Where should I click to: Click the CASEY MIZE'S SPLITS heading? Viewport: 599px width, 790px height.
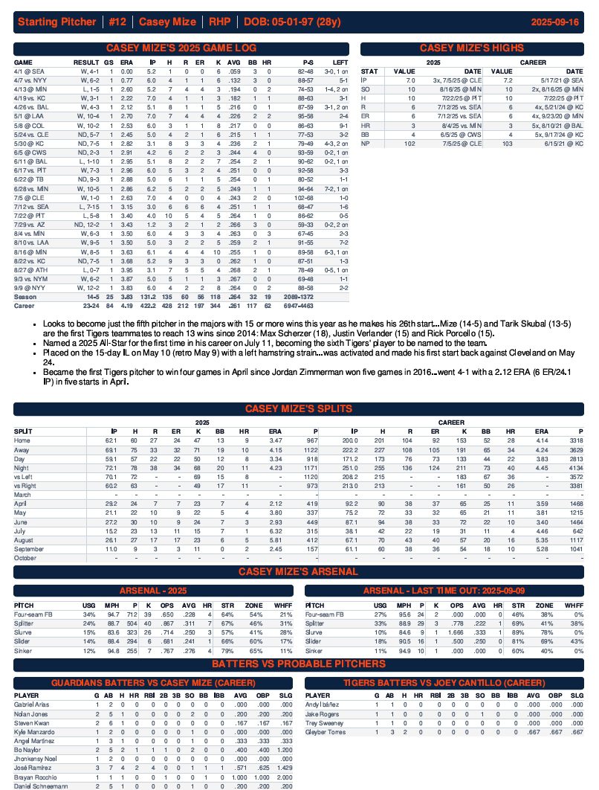299,408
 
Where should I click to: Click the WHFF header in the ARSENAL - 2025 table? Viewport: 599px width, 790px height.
282,606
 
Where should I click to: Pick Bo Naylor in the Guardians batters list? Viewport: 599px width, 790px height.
28,750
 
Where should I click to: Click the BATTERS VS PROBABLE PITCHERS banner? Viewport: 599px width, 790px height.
299,664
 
